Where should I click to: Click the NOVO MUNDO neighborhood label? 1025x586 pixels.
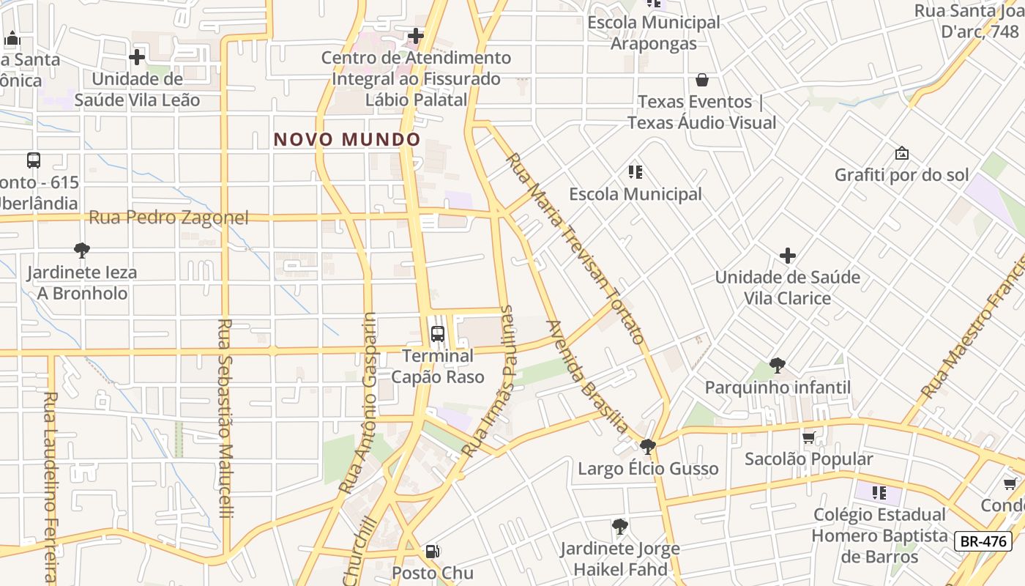(x=347, y=139)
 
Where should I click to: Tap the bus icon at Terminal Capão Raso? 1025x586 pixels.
(x=438, y=334)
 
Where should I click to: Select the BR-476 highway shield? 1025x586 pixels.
(x=984, y=541)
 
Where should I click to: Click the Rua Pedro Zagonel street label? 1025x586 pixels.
(x=168, y=218)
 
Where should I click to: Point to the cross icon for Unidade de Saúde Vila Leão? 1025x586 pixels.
(x=137, y=57)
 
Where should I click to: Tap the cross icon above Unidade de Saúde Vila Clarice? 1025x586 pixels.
(x=788, y=256)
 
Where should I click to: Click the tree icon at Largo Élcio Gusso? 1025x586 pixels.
(x=647, y=446)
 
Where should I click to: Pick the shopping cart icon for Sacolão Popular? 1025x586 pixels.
(x=808, y=437)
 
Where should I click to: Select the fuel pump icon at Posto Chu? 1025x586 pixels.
(x=433, y=551)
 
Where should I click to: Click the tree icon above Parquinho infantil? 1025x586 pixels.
(x=778, y=365)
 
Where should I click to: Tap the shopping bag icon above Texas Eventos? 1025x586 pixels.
(x=702, y=79)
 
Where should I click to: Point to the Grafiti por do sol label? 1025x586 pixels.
(x=902, y=175)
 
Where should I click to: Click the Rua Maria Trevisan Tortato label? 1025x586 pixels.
(x=575, y=248)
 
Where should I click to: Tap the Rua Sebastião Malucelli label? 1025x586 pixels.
(x=225, y=418)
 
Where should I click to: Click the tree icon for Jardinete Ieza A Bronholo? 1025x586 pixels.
(x=82, y=251)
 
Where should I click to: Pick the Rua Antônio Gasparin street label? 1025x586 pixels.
(x=358, y=402)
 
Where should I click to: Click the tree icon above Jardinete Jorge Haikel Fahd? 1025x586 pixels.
(x=620, y=526)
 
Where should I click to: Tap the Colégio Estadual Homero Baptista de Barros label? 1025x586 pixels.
(x=879, y=535)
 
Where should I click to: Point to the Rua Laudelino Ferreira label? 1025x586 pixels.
(x=50, y=487)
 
